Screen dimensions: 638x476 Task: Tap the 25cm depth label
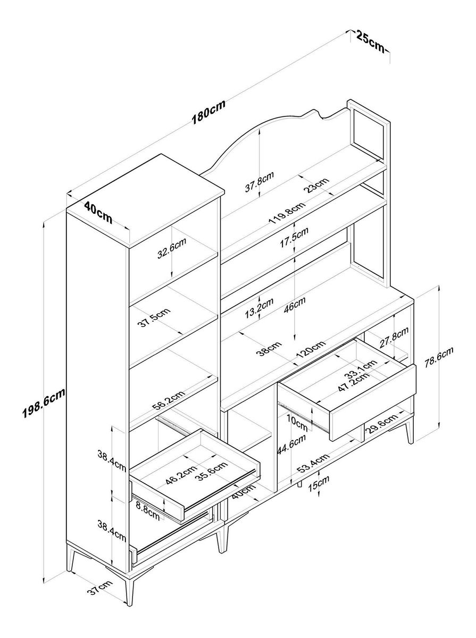click(x=370, y=41)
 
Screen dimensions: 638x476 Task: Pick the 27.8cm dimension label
click(x=394, y=338)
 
